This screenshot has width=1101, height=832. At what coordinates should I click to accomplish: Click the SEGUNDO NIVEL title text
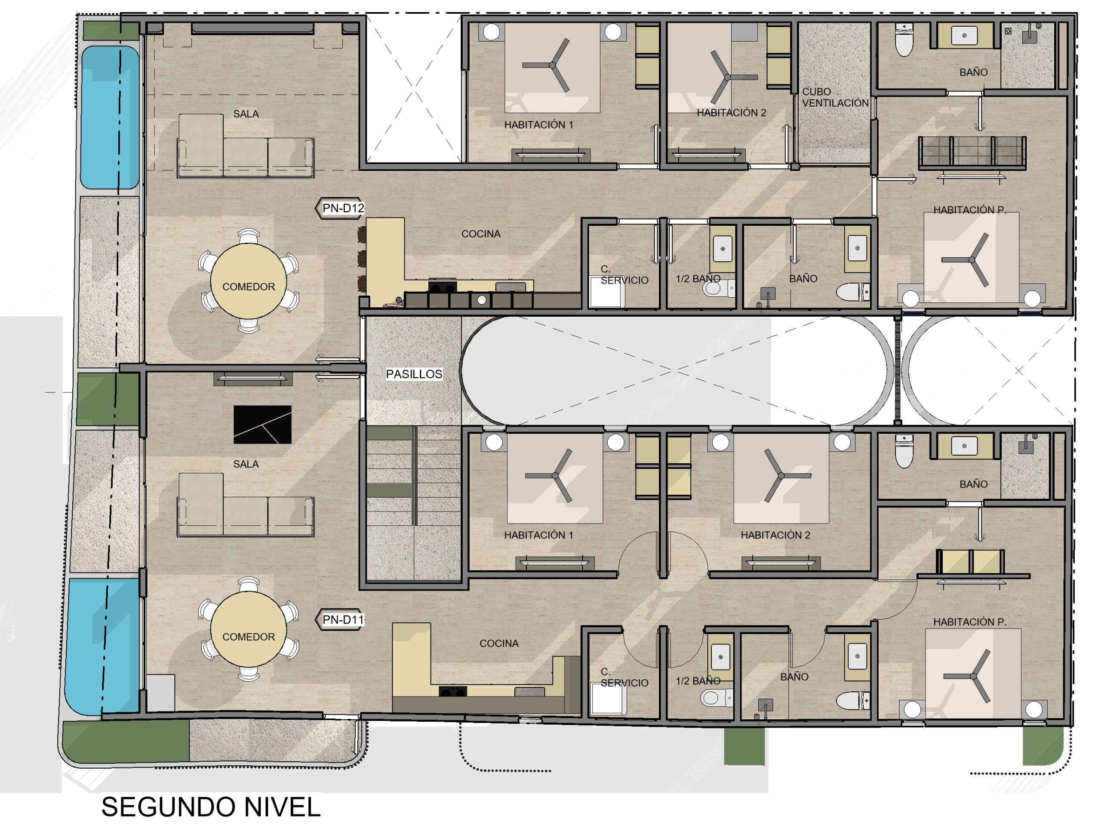pyautogui.click(x=211, y=807)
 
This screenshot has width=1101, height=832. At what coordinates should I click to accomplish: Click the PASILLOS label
pyautogui.click(x=414, y=374)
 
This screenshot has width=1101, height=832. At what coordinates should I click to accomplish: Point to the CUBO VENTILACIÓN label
pyautogui.click(x=835, y=97)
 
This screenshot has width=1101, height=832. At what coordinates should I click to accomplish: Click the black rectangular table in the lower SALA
pyautogui.click(x=262, y=425)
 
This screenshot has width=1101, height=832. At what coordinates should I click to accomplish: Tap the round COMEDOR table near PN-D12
pyautogui.click(x=249, y=281)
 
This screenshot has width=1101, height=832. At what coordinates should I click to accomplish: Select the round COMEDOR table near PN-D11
pyautogui.click(x=249, y=630)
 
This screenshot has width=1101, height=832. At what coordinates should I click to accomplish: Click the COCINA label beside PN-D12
pyautogui.click(x=481, y=234)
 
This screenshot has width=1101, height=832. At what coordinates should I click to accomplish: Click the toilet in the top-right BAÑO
pyautogui.click(x=904, y=39)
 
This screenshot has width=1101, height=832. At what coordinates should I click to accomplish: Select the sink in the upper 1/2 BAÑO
pyautogui.click(x=723, y=247)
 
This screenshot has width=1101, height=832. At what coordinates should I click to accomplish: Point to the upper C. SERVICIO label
pyautogui.click(x=624, y=275)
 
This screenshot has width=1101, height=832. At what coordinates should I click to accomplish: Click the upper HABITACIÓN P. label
pyautogui.click(x=969, y=210)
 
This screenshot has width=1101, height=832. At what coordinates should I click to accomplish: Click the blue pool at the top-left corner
pyautogui.click(x=110, y=117)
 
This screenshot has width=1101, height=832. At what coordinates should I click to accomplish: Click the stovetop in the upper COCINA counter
pyautogui.click(x=442, y=288)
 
